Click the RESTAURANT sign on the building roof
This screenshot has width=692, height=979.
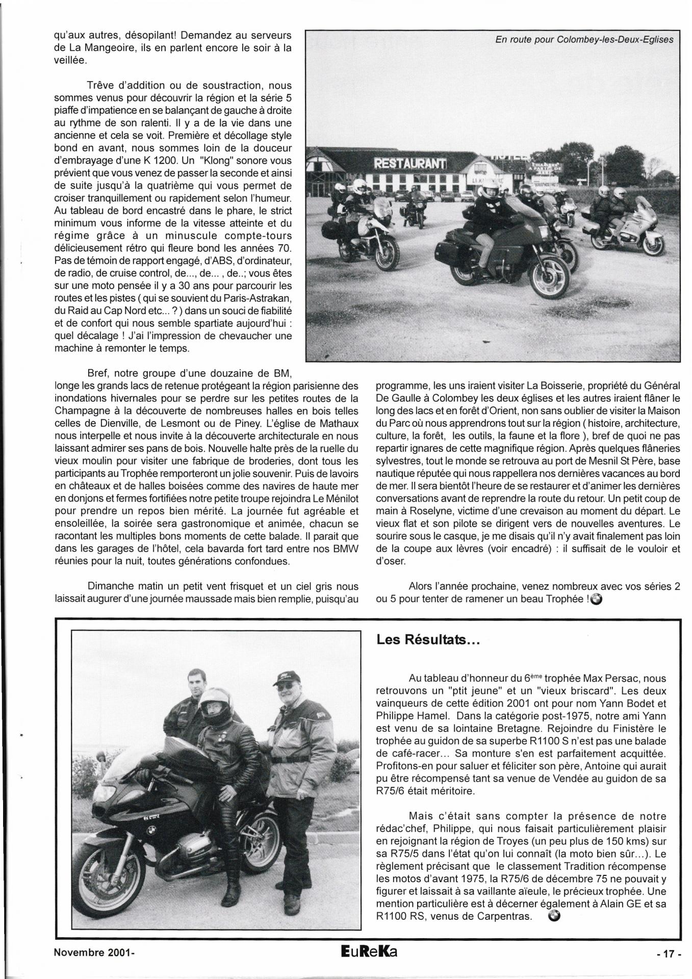click(410, 164)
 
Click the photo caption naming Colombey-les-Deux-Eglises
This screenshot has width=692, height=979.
click(584, 39)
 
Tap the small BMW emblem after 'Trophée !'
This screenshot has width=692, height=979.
click(597, 600)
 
